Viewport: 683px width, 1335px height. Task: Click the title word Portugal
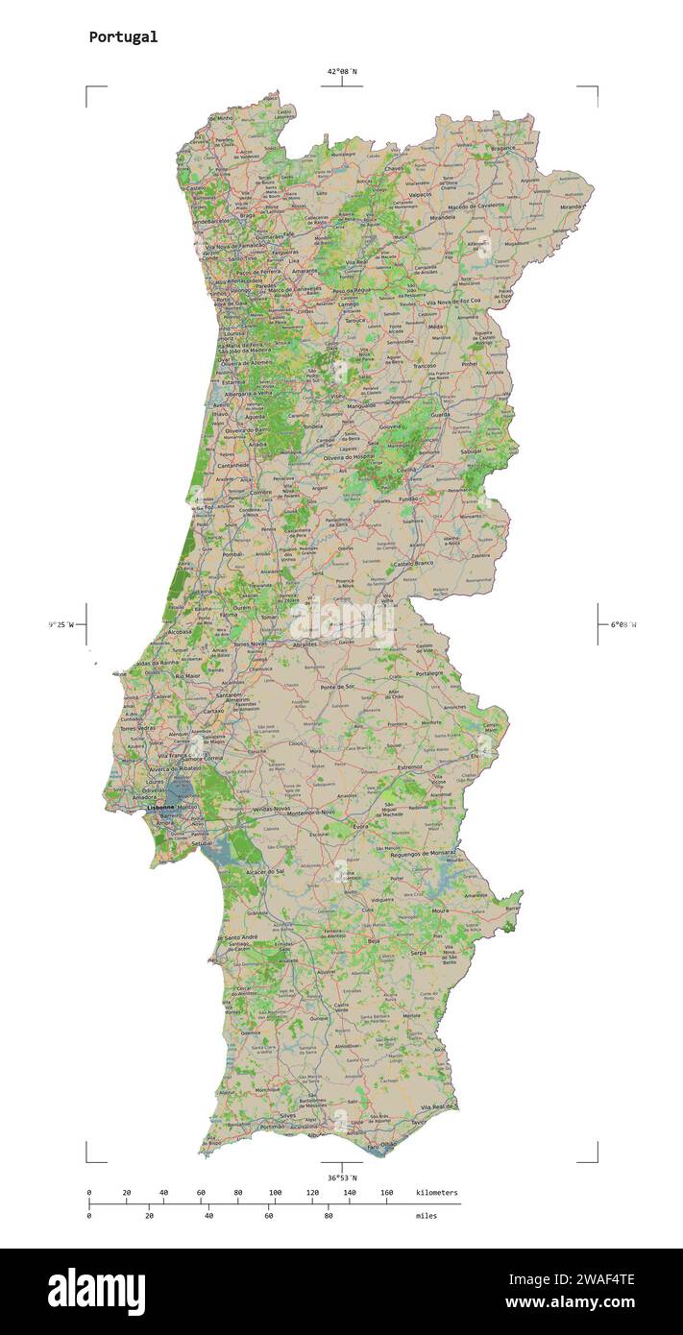[123, 37]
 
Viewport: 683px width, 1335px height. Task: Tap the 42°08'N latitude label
[341, 71]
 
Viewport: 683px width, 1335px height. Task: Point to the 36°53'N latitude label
[341, 1177]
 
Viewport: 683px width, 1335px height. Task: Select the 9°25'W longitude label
[61, 625]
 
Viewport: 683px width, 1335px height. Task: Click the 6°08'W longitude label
[622, 625]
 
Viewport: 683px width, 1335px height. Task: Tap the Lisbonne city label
[160, 808]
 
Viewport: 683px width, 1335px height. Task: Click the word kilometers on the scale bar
[437, 1193]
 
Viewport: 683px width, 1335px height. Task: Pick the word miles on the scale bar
[427, 1216]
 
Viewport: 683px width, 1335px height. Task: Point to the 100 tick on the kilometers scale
[275, 1193]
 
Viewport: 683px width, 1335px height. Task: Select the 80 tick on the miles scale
[329, 1216]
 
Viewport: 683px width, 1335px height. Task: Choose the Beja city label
[375, 942]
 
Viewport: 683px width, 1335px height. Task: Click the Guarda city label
[440, 415]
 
